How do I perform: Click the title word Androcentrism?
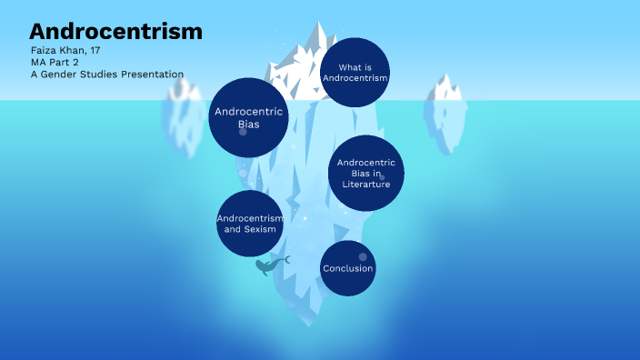click(x=115, y=31)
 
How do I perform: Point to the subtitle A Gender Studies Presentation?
click(x=106, y=75)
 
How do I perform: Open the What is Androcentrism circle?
click(x=355, y=73)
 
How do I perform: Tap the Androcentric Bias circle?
click(x=248, y=117)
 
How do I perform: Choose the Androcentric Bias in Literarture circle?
click(x=365, y=173)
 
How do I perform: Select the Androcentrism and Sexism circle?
click(x=250, y=224)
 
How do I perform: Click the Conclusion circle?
click(x=347, y=268)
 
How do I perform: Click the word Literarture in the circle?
click(x=365, y=185)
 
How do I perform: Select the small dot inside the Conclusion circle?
click(x=362, y=256)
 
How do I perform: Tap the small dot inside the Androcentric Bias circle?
click(x=243, y=132)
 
